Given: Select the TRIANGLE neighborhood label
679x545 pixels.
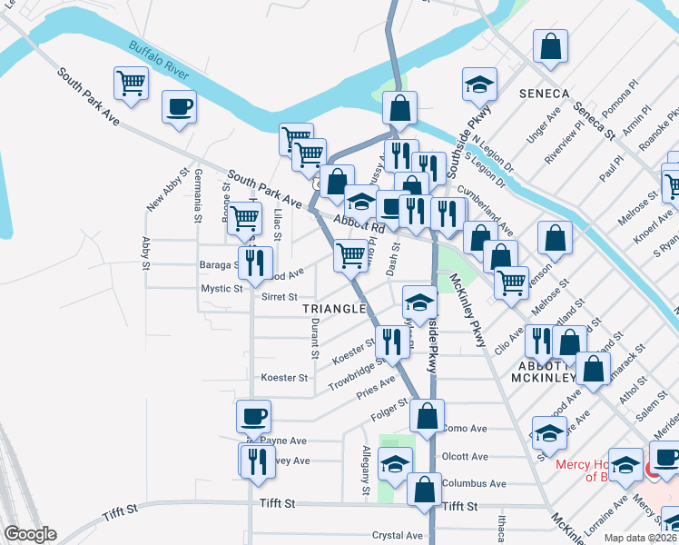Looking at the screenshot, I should click(333, 309).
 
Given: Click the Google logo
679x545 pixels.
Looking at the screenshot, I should click(30, 534).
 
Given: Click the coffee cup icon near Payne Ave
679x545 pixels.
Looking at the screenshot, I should click(254, 417).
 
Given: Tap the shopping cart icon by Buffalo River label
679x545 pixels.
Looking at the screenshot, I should click(132, 84).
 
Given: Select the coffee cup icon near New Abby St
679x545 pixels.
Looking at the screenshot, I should click(179, 105).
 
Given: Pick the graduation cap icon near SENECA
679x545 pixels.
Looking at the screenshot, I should click(479, 84).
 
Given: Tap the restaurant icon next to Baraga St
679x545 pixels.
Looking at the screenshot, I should click(255, 263).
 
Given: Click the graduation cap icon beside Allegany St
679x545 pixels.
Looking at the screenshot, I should click(395, 464).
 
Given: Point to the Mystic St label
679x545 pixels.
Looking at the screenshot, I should click(221, 289).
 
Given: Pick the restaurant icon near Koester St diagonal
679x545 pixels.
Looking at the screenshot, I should click(391, 341).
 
